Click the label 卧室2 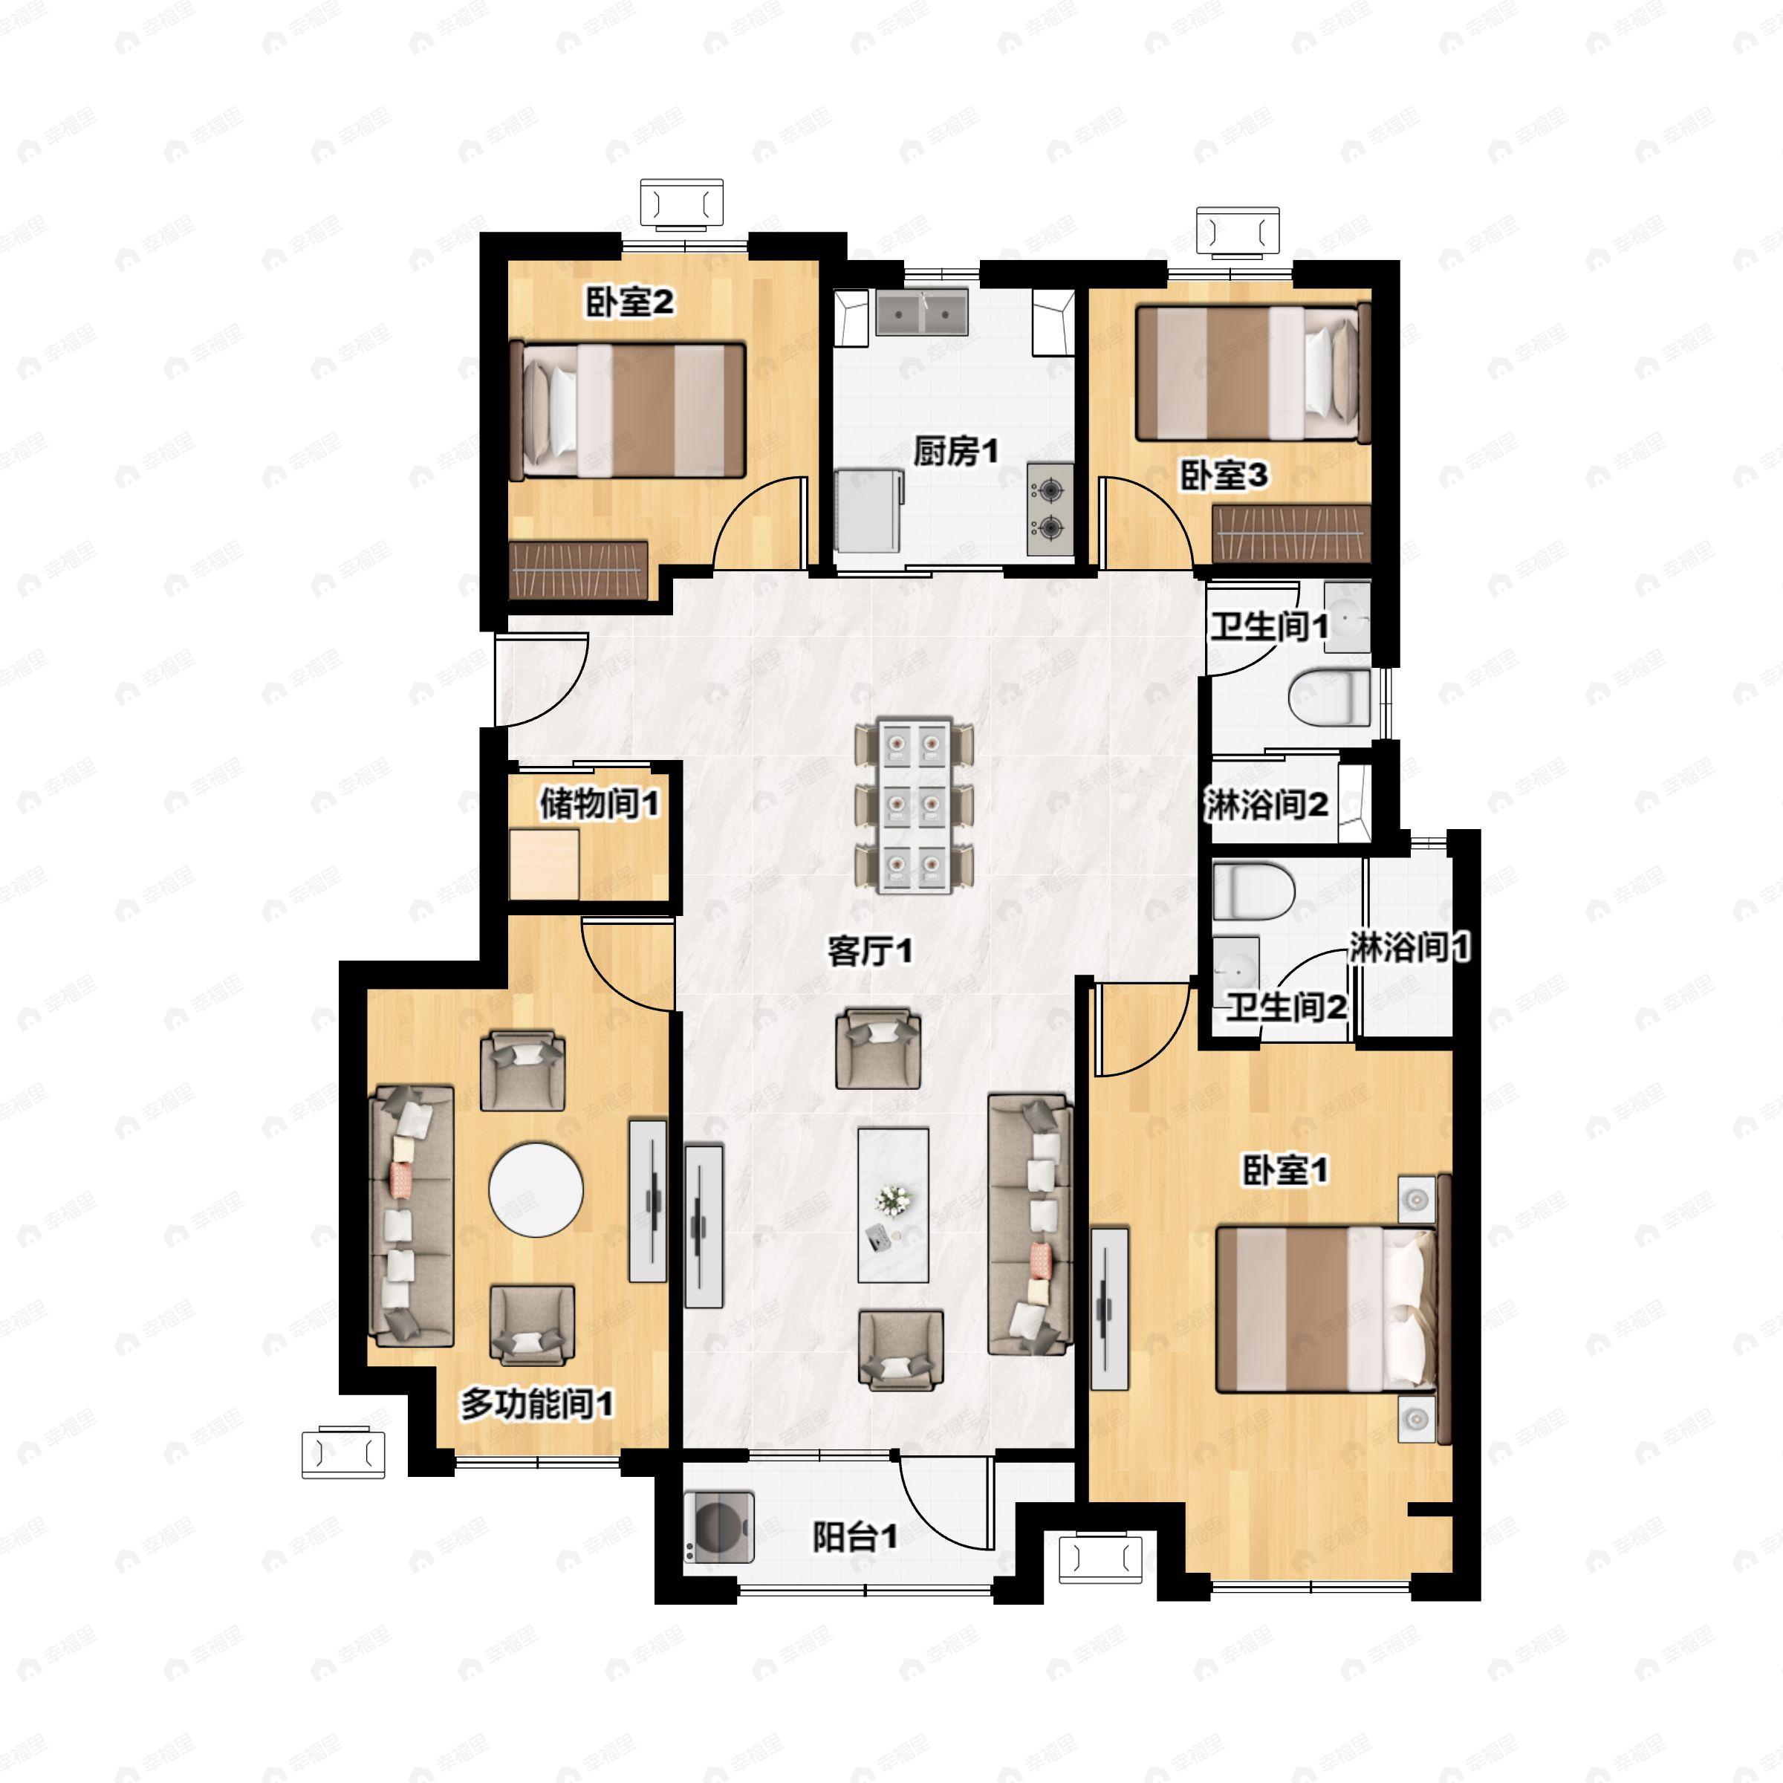point(630,302)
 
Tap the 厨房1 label point(955,452)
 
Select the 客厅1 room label point(869,952)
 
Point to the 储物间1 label point(599,804)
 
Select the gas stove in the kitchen point(1050,510)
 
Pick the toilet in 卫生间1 point(1329,698)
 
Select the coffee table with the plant point(892,1205)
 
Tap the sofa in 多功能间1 point(412,1215)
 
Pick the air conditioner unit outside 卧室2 point(682,204)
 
